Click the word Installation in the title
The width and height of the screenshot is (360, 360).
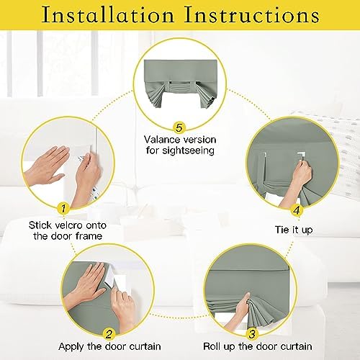tap(108, 15)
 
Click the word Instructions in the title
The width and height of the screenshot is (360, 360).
tap(252, 15)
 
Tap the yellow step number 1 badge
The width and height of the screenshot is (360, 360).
tap(63, 208)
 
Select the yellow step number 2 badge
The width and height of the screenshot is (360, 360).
tap(109, 334)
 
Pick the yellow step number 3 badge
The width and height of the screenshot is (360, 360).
tap(252, 334)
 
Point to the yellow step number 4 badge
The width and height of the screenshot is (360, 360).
tap(297, 210)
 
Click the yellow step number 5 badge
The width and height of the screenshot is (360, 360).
tap(179, 127)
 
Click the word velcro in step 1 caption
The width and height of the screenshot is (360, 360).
tap(68, 225)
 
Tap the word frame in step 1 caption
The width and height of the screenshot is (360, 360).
tap(89, 236)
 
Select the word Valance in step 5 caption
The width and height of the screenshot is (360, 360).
tap(161, 140)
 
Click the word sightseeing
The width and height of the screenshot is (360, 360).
tap(188, 150)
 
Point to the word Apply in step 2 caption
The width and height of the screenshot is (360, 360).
tap(71, 347)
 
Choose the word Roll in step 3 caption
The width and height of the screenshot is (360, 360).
tap(212, 346)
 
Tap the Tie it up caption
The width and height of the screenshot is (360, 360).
tap(294, 230)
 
